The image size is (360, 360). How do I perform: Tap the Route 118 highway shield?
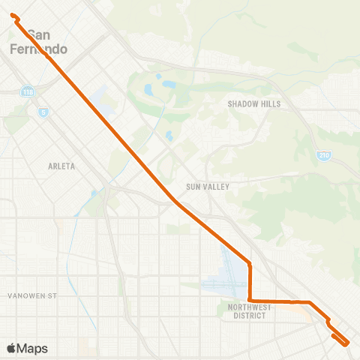28,91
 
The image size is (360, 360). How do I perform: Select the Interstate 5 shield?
43,112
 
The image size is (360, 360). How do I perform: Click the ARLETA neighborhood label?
61,166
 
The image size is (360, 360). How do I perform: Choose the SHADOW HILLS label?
253,104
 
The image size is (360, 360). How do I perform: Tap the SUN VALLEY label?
208,186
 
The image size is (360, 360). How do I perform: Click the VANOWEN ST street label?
32,296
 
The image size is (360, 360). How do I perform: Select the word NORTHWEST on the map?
250,307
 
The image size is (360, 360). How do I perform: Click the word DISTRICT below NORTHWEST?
250,316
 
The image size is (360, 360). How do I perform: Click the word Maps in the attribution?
33,348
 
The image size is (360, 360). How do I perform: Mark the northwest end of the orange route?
13,15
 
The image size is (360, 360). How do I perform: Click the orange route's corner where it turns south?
250,263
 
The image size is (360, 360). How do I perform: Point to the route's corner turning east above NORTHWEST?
250,301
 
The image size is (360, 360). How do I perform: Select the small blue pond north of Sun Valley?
169,136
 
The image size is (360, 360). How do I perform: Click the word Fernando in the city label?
40,49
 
